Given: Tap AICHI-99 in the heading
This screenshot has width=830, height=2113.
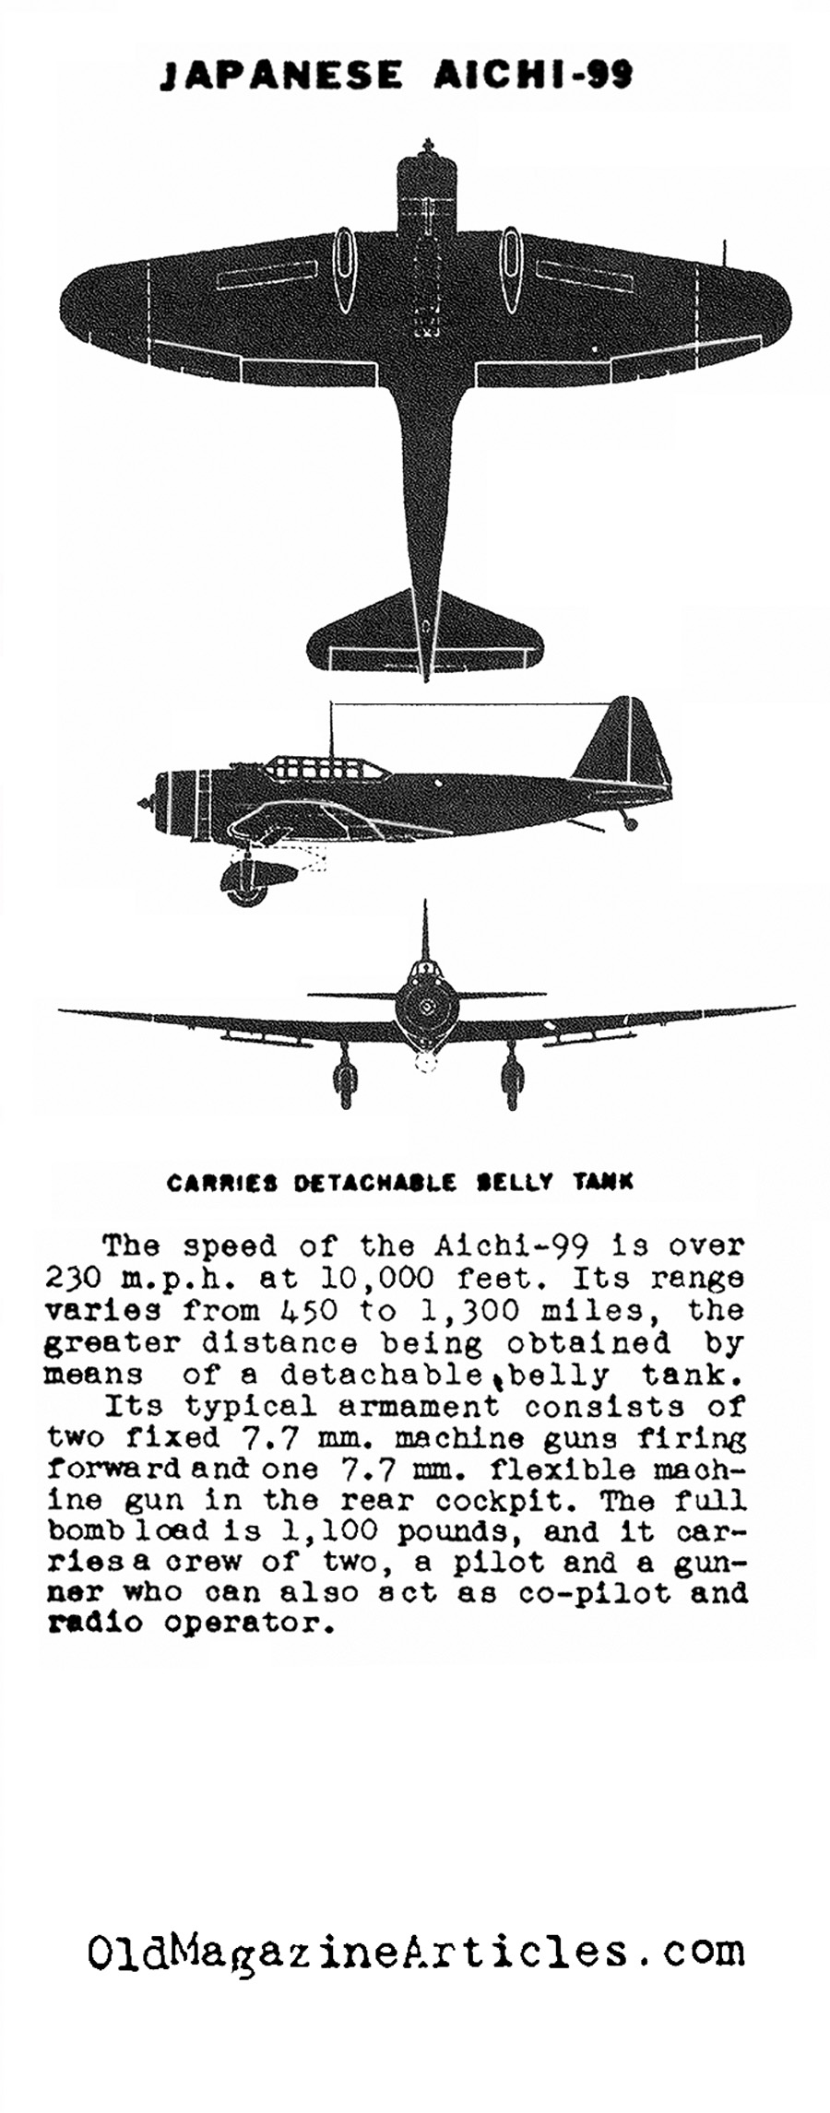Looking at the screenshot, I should [x=533, y=75].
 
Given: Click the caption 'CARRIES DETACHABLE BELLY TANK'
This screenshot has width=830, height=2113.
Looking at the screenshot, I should [x=400, y=1182].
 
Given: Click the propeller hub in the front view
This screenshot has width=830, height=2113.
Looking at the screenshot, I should [x=426, y=1008].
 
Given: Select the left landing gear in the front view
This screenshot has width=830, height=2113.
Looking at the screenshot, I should [x=344, y=1076].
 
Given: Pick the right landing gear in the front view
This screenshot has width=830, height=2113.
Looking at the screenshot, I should [x=509, y=1076].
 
